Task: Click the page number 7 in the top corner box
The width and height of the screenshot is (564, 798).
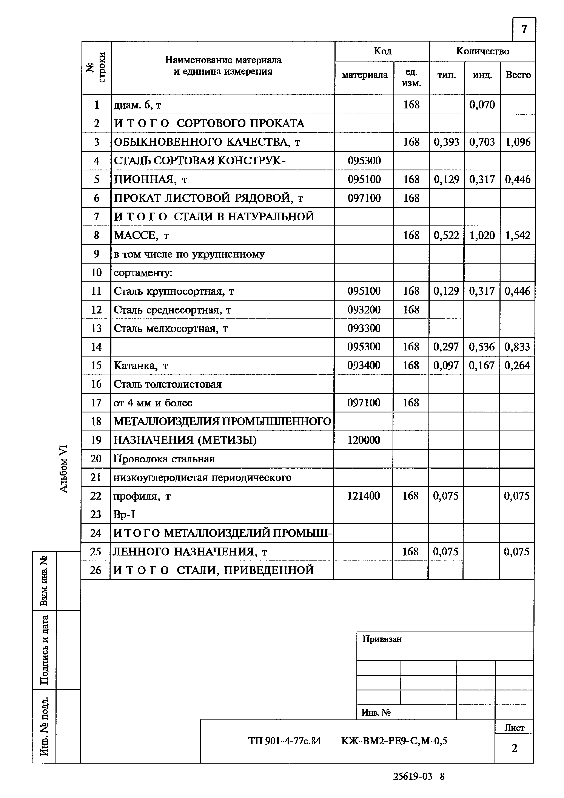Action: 524,29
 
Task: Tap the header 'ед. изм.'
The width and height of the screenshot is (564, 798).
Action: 411,78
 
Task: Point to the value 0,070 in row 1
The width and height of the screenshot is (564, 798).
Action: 482,105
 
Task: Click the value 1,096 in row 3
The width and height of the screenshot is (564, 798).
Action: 518,142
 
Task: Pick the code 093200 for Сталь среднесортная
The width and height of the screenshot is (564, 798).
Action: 364,310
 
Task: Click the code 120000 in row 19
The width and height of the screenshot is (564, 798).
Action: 364,440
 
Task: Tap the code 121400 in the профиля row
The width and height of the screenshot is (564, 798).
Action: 364,496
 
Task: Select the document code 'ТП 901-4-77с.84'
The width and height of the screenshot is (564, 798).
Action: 284,741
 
